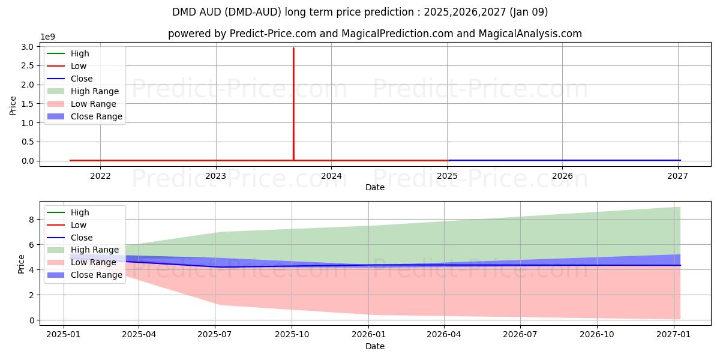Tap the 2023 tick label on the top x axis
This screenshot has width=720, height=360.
(215, 176)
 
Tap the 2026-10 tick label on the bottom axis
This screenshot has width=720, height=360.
(597, 335)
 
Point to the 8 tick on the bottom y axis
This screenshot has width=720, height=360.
(32, 220)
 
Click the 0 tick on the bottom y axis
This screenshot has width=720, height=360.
(32, 320)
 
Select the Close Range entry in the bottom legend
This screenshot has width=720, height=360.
(96, 275)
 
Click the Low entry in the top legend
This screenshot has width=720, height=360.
(79, 66)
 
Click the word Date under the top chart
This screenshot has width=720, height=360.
(375, 187)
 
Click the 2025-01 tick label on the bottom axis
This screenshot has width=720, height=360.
(63, 335)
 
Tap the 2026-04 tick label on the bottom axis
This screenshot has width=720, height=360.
(444, 335)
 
